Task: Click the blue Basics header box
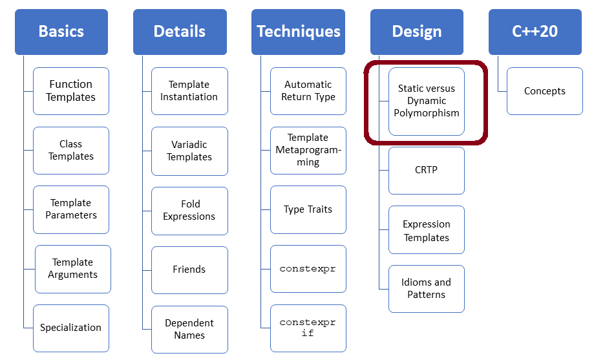(x=61, y=32)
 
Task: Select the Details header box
(x=180, y=32)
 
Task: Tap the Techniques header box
(x=298, y=32)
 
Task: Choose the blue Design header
(x=417, y=32)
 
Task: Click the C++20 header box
(x=535, y=32)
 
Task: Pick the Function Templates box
(x=71, y=91)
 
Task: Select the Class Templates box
(x=71, y=151)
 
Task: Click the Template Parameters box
(x=71, y=209)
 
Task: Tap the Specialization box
(x=71, y=328)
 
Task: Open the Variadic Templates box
(x=189, y=151)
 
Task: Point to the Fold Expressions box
(x=189, y=211)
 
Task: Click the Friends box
(x=189, y=270)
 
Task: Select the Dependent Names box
(x=189, y=329)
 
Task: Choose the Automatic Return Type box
(x=308, y=91)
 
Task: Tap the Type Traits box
(x=308, y=209)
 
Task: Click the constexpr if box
(x=308, y=328)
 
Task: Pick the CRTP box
(x=427, y=170)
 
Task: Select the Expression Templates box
(x=427, y=231)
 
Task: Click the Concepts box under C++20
(x=545, y=91)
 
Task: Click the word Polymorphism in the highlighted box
(x=427, y=113)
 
